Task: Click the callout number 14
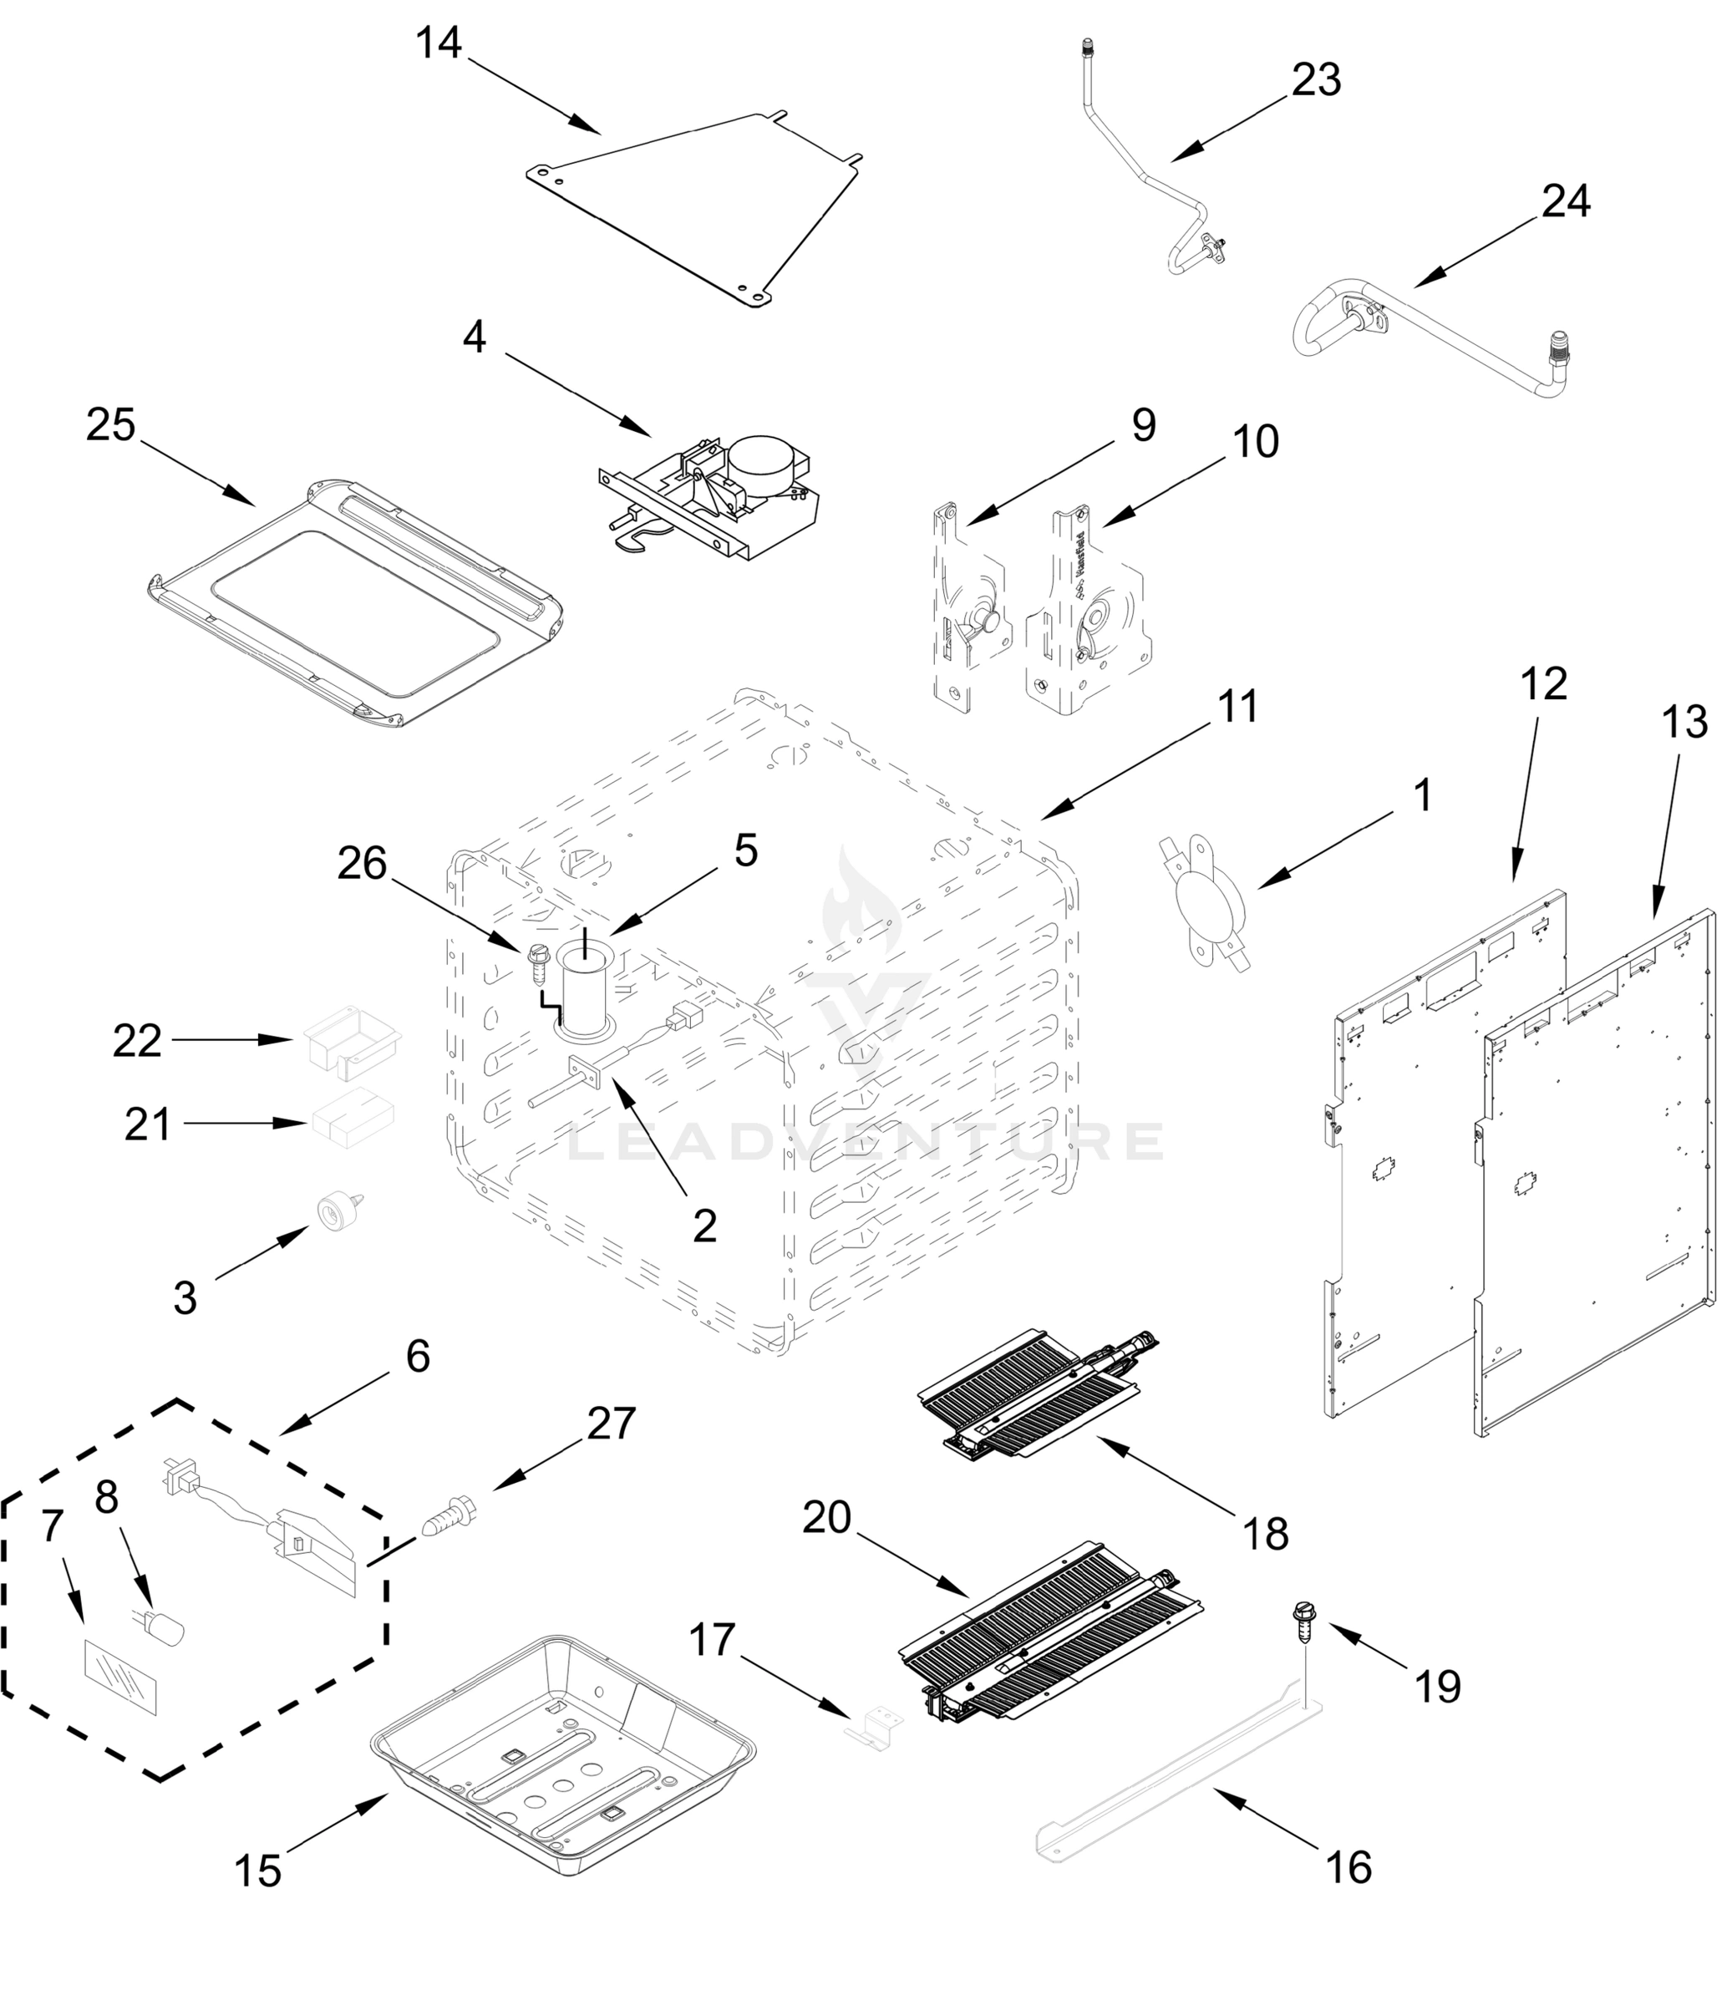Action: point(439,43)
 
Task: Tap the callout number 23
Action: point(1317,80)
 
